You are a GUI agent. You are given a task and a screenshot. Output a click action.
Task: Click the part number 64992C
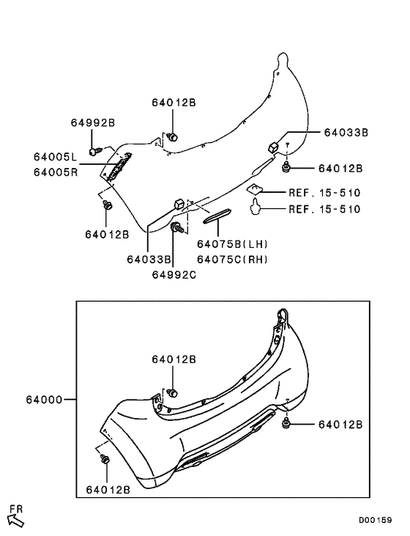[x=174, y=274]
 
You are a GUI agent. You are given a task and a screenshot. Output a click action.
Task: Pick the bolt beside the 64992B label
[x=94, y=150]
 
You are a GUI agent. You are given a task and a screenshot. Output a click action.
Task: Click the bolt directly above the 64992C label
[x=176, y=230]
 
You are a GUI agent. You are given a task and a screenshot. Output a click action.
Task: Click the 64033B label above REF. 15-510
[x=346, y=133]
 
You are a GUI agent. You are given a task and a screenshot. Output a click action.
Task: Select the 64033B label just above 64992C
[x=149, y=259]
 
